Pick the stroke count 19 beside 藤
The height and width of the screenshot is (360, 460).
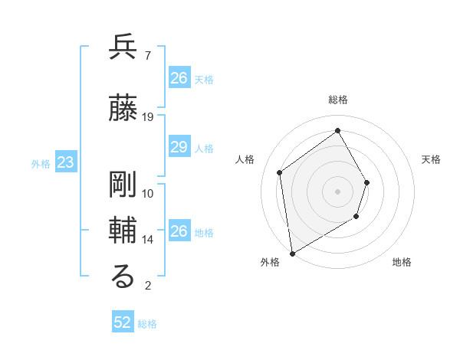(x=148, y=117)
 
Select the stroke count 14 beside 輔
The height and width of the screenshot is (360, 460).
(x=148, y=240)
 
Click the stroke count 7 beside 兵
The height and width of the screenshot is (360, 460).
(x=147, y=56)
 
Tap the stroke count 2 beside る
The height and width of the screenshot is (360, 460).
(x=147, y=286)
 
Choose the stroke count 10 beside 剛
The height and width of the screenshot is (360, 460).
(x=148, y=194)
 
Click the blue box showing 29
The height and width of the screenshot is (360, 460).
(x=179, y=148)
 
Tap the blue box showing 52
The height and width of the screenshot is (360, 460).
(x=123, y=322)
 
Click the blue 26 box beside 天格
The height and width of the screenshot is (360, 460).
(x=179, y=78)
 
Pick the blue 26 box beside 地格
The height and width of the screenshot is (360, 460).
(x=179, y=231)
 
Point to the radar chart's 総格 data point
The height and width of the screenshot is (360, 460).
(x=337, y=131)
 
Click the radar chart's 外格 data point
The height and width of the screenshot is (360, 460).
(x=292, y=253)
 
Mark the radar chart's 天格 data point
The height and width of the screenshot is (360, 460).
(x=367, y=182)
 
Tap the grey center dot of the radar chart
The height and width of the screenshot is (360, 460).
(x=337, y=191)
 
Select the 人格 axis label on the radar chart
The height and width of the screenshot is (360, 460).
(x=245, y=159)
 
